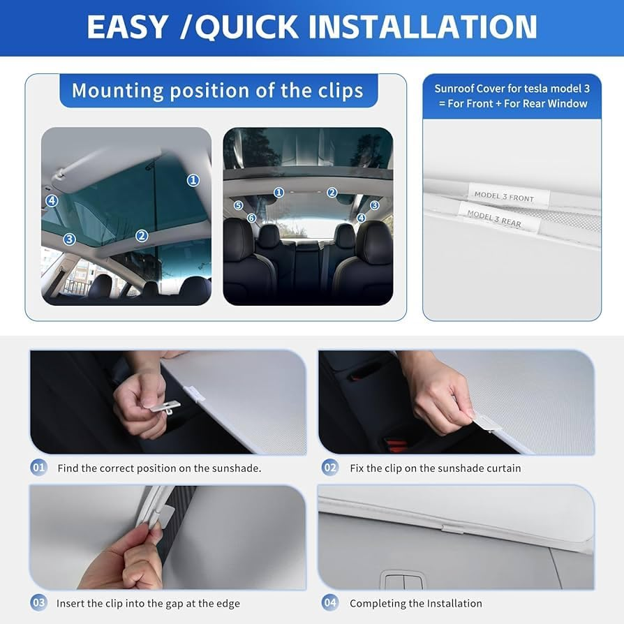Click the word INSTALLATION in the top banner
(x=423, y=27)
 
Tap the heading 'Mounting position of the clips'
(x=218, y=91)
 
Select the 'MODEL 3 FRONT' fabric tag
(x=503, y=197)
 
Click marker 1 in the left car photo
(x=193, y=180)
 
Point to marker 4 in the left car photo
(x=52, y=200)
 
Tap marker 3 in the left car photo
(x=69, y=239)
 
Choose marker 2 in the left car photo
(x=142, y=236)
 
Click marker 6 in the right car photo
(x=251, y=218)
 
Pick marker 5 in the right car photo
(x=238, y=205)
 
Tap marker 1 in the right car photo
(x=278, y=193)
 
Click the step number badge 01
(x=39, y=468)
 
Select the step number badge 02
(x=329, y=468)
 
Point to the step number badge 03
(x=39, y=602)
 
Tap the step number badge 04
(x=329, y=602)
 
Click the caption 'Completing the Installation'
(x=415, y=603)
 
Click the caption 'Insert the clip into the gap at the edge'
(x=149, y=603)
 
